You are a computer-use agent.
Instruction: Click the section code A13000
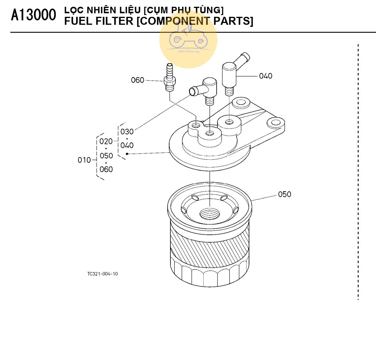click(33, 15)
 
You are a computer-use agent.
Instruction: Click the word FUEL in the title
click(76, 21)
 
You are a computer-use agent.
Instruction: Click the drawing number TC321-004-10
click(102, 274)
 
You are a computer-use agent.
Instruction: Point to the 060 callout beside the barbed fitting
click(138, 80)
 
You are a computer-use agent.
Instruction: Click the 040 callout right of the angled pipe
click(265, 76)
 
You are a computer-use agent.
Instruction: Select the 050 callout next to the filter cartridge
click(284, 194)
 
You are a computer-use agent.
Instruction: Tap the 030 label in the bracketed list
click(127, 131)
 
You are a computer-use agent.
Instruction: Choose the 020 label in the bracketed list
click(106, 142)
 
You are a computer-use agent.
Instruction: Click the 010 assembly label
click(84, 160)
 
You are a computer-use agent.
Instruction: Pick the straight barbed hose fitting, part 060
click(170, 77)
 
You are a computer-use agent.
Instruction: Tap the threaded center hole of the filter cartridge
click(210, 213)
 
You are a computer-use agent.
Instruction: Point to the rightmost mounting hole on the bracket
click(276, 122)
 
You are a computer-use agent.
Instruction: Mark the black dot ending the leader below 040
click(127, 154)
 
